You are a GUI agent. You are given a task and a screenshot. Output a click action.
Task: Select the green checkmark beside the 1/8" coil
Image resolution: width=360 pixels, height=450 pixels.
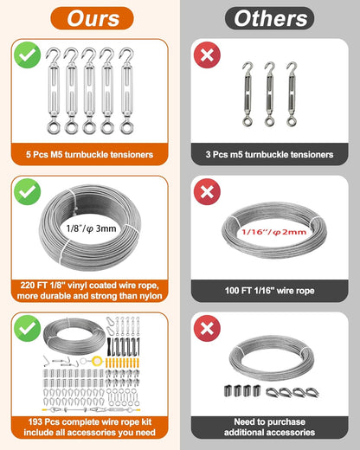tap(27, 190)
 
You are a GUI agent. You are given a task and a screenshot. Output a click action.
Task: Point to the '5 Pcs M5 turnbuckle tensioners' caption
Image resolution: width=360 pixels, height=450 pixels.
tap(90, 154)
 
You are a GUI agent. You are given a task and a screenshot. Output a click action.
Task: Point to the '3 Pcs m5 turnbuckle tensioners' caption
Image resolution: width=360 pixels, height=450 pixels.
tap(270, 154)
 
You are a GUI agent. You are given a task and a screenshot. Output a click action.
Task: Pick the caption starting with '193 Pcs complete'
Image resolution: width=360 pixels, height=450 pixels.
tap(90, 426)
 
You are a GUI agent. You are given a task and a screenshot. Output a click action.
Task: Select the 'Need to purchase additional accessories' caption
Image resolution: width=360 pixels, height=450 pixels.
tap(270, 426)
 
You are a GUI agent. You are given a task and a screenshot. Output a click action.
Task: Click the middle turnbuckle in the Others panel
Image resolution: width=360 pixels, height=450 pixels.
tap(269, 87)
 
